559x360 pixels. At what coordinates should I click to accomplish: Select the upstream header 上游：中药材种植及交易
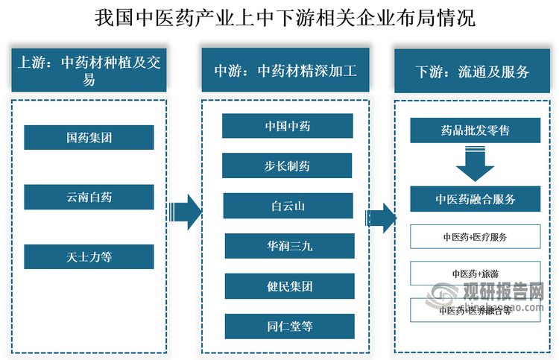pyautogui.click(x=89, y=72)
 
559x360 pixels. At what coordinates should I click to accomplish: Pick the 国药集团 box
pyautogui.click(x=89, y=137)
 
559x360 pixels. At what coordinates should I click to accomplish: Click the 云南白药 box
pyautogui.click(x=89, y=197)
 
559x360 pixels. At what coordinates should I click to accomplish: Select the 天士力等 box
pyautogui.click(x=89, y=256)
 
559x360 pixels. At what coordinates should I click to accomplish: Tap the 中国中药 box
pyautogui.click(x=288, y=126)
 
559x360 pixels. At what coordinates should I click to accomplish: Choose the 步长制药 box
pyautogui.click(x=288, y=165)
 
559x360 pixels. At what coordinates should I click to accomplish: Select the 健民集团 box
pyautogui.click(x=288, y=286)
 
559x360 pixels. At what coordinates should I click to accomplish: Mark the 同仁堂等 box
pyautogui.click(x=288, y=326)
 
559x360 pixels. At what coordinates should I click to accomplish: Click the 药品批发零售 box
pyautogui.click(x=475, y=131)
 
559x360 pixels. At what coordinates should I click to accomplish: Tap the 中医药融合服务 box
pyautogui.click(x=475, y=199)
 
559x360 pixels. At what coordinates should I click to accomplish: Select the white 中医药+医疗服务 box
pyautogui.click(x=475, y=237)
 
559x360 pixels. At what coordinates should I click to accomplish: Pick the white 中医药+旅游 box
pyautogui.click(x=475, y=274)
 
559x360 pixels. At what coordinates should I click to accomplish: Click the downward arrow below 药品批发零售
pyautogui.click(x=475, y=164)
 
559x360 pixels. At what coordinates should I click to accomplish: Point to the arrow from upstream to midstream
pyautogui.click(x=185, y=212)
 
